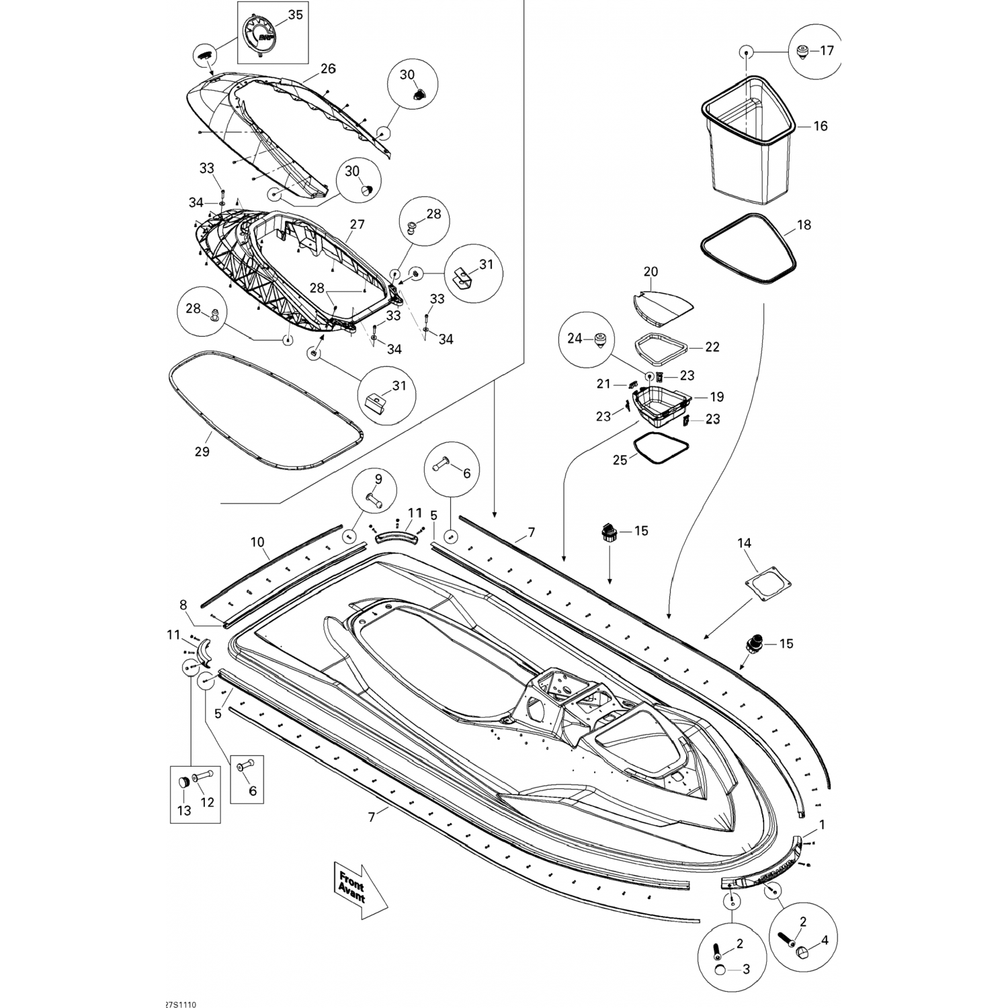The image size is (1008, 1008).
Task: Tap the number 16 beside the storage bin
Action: [x=821, y=126]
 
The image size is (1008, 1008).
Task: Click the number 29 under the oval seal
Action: [x=202, y=452]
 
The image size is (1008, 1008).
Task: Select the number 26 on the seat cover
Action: [x=327, y=69]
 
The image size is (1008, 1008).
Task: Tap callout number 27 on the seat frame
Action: [x=357, y=224]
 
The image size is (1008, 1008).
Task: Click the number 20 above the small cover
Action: [x=650, y=271]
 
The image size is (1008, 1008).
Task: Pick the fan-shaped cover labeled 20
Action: [x=663, y=306]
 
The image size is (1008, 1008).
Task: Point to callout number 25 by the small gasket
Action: [x=620, y=460]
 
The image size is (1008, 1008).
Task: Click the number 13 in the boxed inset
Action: [x=183, y=811]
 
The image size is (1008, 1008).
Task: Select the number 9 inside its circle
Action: [x=378, y=479]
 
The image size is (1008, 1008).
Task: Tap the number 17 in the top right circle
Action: [x=826, y=50]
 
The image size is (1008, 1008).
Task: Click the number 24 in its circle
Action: [x=575, y=339]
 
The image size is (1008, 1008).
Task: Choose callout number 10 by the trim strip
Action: [x=257, y=542]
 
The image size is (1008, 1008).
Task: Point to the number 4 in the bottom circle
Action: [x=825, y=939]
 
